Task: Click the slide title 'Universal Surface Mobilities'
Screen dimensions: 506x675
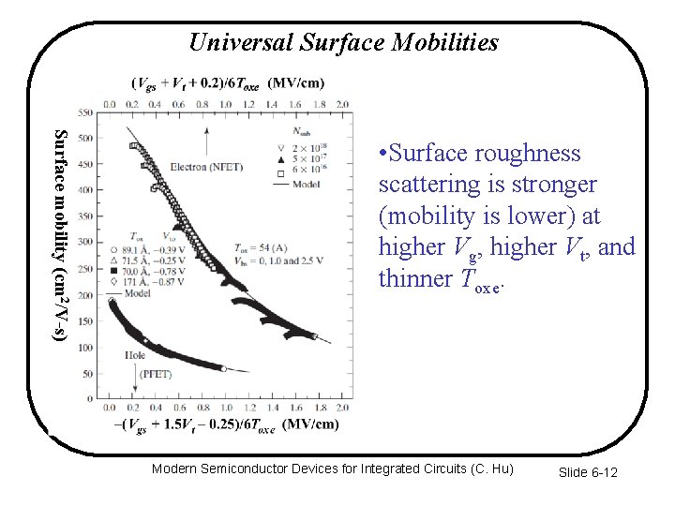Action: click(x=343, y=42)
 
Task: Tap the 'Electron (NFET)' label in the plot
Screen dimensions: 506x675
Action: click(x=205, y=167)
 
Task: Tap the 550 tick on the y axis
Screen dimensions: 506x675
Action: click(x=85, y=113)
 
